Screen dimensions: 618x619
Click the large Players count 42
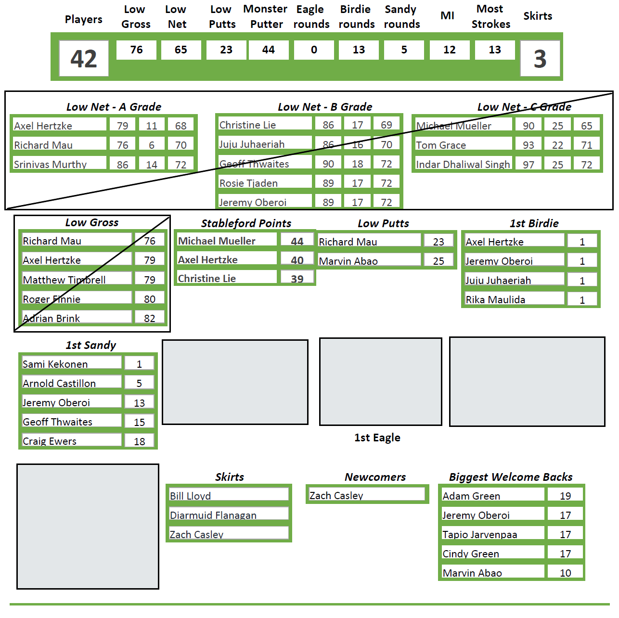coord(84,59)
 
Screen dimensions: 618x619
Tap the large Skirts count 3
coord(540,59)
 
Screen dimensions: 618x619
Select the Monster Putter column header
coord(266,16)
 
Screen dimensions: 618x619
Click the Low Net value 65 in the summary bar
coord(181,50)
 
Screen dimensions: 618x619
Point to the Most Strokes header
coord(490,16)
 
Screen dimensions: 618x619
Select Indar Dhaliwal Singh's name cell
coord(463,164)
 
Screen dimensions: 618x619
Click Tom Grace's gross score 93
coord(529,145)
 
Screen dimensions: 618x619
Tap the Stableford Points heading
coord(246,223)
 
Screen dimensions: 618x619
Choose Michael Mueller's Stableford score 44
coord(297,241)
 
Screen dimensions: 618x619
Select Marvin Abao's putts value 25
coord(438,261)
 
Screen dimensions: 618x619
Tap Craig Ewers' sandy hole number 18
coord(140,441)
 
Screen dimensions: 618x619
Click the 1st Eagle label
coord(377,438)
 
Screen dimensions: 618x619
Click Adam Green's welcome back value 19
coord(566,496)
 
